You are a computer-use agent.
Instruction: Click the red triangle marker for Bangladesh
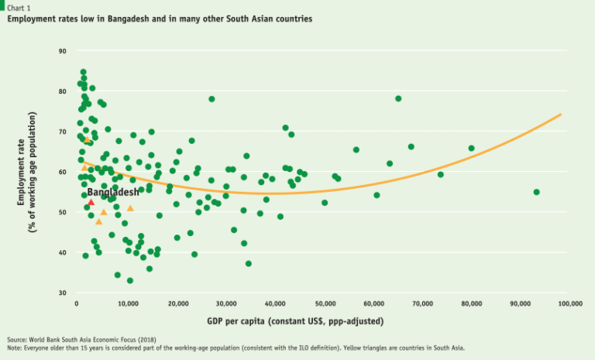91,202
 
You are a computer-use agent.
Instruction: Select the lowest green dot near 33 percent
130,280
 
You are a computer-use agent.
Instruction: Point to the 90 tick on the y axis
62,50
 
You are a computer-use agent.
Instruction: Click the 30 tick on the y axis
62,293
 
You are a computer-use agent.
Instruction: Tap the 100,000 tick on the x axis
569,304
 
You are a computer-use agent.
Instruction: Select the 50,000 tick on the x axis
324,304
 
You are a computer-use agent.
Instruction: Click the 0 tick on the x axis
77,304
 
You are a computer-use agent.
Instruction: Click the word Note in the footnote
15,348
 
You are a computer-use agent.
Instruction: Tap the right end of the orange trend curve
560,115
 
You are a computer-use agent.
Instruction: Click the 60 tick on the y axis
62,172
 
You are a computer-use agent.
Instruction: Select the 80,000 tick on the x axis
471,304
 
